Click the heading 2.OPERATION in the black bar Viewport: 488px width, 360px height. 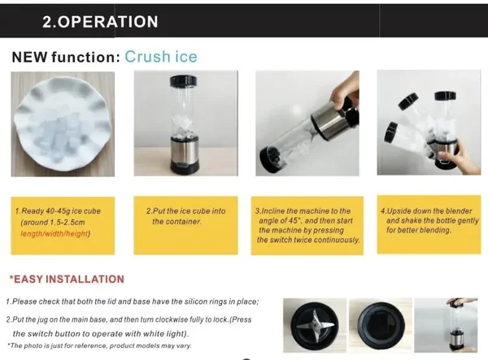click(100, 22)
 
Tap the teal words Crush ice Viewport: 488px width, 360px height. click(161, 57)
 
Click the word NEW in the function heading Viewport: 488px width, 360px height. click(30, 57)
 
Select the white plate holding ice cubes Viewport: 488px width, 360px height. click(63, 124)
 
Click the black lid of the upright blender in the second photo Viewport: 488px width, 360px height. click(183, 80)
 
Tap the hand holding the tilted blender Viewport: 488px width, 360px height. click(345, 93)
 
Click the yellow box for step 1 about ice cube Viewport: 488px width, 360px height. click(63, 226)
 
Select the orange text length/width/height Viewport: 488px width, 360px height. click(54, 233)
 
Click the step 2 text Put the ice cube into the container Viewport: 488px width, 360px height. click(185, 216)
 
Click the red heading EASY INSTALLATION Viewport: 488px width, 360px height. click(67, 280)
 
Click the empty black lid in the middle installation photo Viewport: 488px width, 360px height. click(381, 326)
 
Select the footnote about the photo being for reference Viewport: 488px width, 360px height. click(99, 345)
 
